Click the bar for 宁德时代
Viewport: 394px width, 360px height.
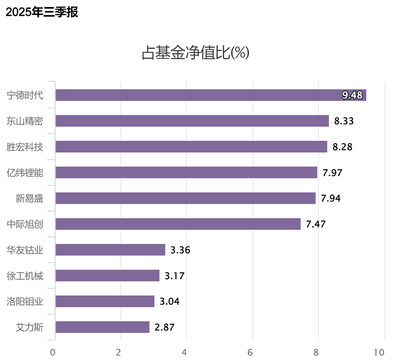(210, 95)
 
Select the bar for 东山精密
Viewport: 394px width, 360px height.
(192, 121)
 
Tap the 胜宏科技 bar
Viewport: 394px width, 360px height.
(191, 147)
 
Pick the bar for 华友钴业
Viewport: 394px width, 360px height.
(110, 250)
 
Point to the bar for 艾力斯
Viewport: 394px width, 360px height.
(102, 327)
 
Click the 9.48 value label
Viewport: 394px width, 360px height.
(352, 95)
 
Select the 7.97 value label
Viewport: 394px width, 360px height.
(332, 173)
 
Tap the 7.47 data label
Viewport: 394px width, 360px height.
(316, 224)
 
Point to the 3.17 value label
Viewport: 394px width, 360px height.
(174, 276)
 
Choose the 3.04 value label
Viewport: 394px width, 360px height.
(169, 301)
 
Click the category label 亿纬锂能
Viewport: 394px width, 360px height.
(25, 173)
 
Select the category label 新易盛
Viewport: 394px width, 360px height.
(30, 198)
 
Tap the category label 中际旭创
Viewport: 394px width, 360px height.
(25, 224)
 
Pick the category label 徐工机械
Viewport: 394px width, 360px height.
(25, 276)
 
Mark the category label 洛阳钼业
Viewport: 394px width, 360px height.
(25, 301)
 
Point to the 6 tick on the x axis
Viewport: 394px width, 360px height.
(250, 352)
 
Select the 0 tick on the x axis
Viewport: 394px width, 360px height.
(53, 352)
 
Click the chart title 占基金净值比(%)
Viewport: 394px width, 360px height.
(196, 53)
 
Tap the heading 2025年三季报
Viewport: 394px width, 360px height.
(42, 12)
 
